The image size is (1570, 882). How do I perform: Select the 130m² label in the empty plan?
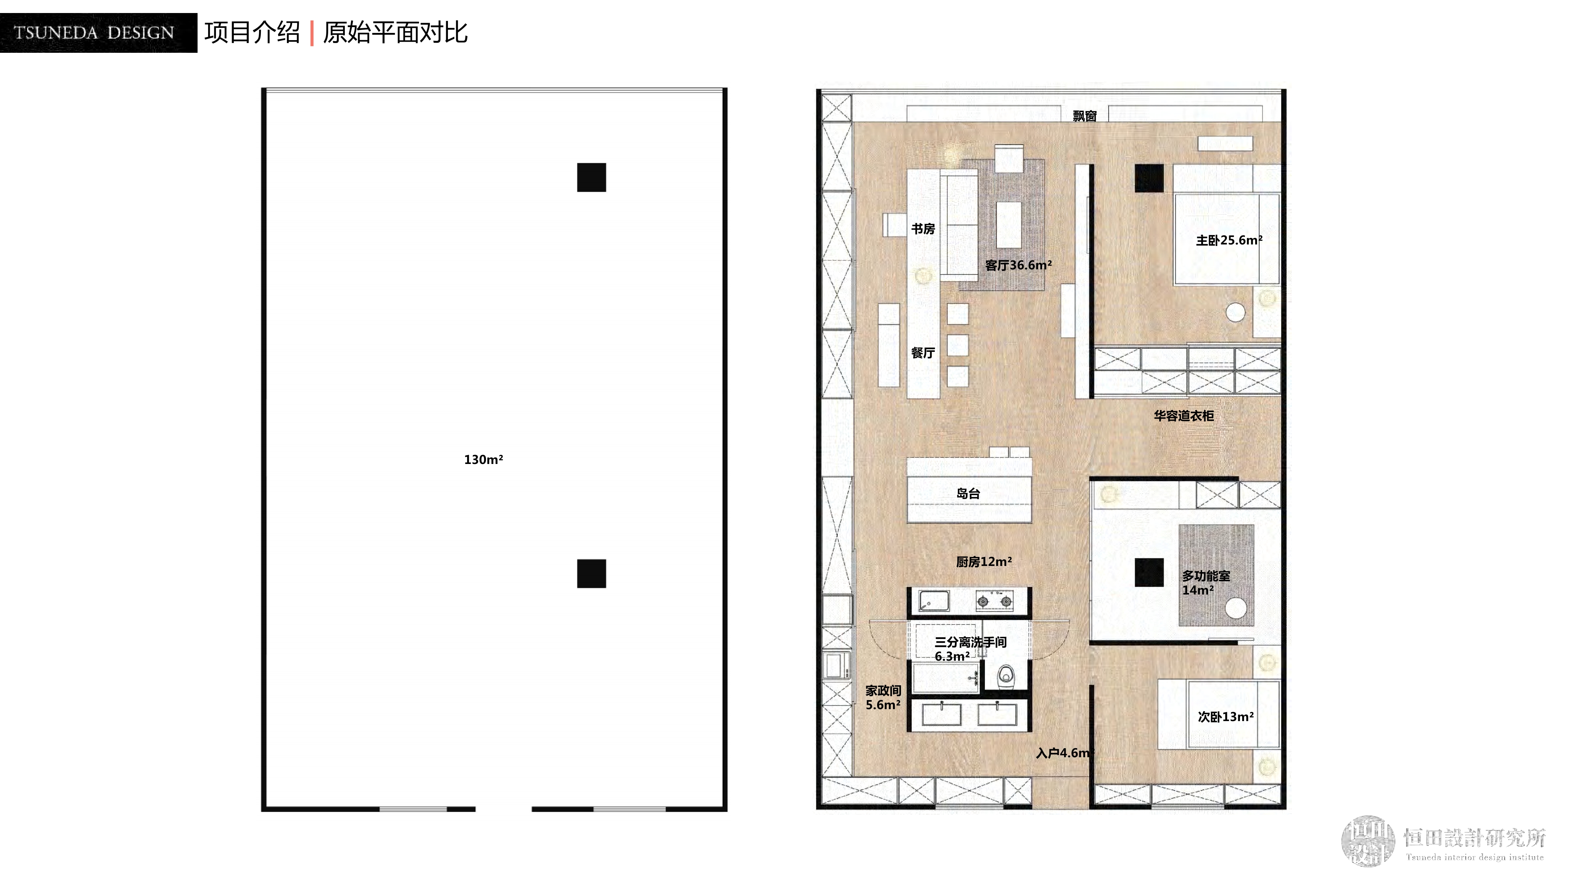[483, 459]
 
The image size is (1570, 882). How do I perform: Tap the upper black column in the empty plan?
[591, 177]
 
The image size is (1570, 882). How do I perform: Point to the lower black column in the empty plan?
[591, 573]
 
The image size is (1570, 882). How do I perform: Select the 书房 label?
[923, 229]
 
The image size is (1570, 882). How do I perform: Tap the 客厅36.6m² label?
[1019, 265]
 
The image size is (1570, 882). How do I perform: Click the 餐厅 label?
[923, 353]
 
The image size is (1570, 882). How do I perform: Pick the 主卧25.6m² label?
[1229, 240]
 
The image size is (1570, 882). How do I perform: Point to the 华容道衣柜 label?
[1184, 416]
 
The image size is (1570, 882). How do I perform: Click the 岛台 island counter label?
[968, 493]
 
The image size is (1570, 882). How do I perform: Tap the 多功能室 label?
[1206, 576]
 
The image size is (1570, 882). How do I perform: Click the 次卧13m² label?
[1226, 716]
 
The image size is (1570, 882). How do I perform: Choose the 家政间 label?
[883, 690]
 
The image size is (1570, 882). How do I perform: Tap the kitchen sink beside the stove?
[934, 601]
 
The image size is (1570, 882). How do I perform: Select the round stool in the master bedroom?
[1235, 312]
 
